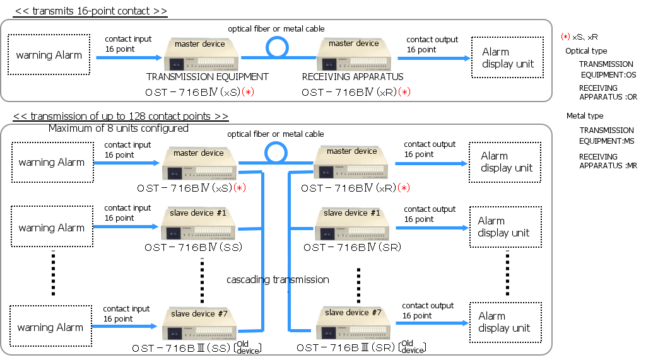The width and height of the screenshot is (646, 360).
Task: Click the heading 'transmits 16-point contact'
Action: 90,11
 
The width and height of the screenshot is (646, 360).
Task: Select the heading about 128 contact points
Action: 120,116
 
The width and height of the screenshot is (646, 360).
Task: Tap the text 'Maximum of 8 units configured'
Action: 118,129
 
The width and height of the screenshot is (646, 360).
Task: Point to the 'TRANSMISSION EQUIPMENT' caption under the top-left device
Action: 207,77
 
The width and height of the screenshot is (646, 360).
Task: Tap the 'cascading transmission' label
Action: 278,280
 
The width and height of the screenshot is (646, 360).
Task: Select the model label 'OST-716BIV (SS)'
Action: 193,247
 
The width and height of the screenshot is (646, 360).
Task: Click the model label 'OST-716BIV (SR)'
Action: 352,247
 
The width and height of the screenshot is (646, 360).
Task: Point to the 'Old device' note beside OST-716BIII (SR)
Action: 413,347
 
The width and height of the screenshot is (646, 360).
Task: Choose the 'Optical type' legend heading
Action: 586,51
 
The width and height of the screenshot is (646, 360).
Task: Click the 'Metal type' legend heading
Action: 585,116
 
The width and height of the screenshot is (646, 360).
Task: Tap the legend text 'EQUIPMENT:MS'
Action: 606,141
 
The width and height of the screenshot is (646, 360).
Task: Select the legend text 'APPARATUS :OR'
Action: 608,97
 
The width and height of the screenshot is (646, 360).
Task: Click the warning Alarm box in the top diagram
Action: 49,55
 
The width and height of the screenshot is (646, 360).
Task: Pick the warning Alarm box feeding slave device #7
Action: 50,326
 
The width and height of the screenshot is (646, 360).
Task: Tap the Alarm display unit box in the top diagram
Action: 508,57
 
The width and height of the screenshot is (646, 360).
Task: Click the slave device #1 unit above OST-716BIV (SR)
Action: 352,224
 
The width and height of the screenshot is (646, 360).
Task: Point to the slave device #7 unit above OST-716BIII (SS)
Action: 199,324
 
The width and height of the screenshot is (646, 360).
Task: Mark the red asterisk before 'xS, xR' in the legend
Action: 566,37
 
